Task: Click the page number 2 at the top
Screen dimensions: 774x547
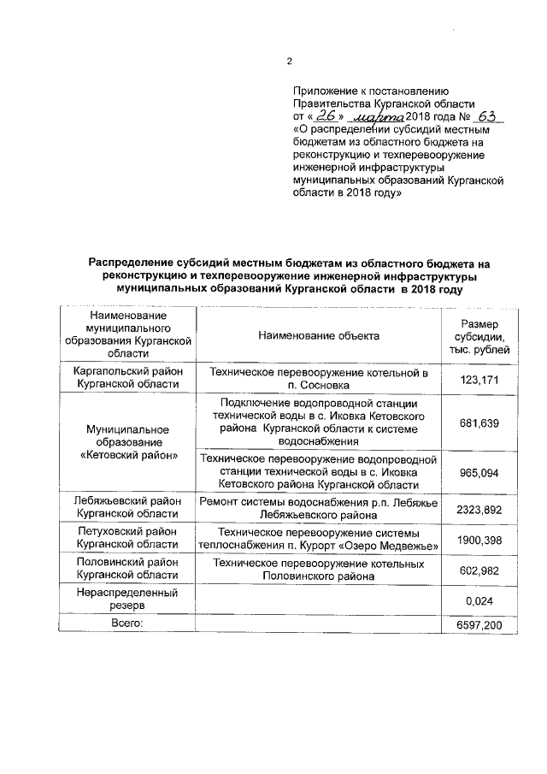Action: pos(289,61)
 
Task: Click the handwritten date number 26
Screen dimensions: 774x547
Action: pos(326,116)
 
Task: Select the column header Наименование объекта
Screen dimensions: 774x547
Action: pos(319,336)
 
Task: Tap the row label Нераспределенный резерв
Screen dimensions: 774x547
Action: pos(126,597)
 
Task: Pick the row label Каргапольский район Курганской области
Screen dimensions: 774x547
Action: pos(126,380)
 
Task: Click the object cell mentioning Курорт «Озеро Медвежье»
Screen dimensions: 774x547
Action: pos(319,540)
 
